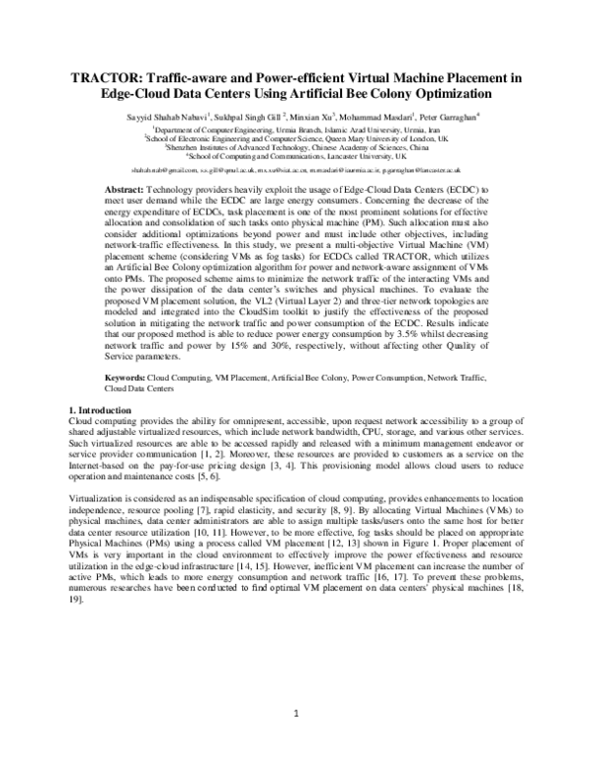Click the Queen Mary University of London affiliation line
coord(296,138)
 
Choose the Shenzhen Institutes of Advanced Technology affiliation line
coord(296,147)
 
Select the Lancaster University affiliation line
coord(296,156)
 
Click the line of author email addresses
coord(296,169)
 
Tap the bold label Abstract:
coord(125,187)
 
